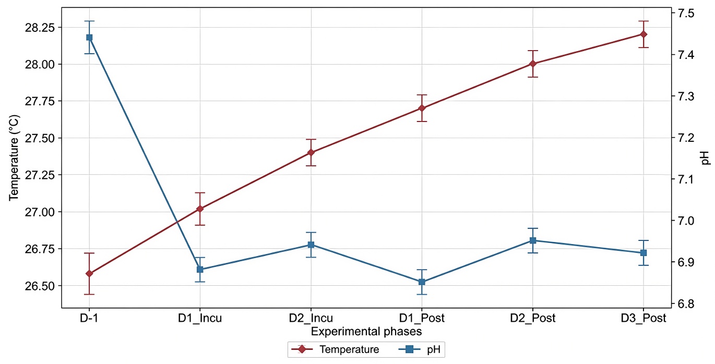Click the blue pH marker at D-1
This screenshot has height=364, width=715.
[x=89, y=38]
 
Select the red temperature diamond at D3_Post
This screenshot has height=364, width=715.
[x=643, y=34]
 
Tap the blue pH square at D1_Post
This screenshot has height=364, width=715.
[x=422, y=282]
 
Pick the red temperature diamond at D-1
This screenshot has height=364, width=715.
[x=89, y=274]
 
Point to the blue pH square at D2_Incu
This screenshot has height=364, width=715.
[x=311, y=245]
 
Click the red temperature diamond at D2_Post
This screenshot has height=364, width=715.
[x=533, y=64]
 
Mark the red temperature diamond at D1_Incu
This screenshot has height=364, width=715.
[x=200, y=209]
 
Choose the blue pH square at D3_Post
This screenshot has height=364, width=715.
[x=643, y=253]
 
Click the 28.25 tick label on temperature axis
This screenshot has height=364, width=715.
[x=40, y=28]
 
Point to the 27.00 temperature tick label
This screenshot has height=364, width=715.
[x=40, y=212]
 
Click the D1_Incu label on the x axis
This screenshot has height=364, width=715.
[x=200, y=318]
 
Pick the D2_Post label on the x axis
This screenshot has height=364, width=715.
[x=533, y=318]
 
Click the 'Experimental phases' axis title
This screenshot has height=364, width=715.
[x=366, y=332]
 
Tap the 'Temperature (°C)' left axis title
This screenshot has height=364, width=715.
[x=14, y=158]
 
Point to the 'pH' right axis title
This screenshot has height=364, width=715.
[x=706, y=158]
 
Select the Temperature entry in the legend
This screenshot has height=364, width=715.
[x=335, y=349]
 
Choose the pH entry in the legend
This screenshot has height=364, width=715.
[x=420, y=349]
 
